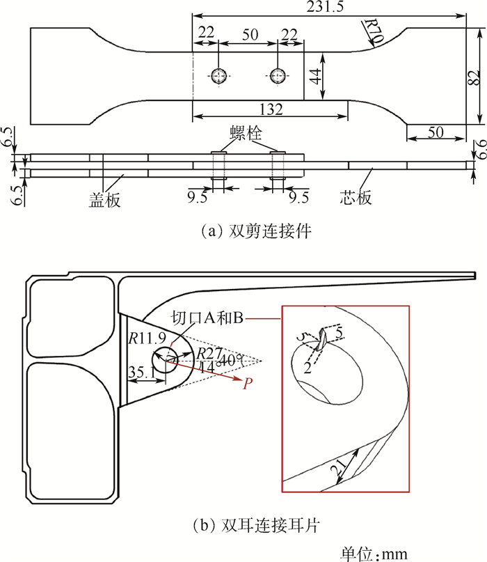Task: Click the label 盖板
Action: pos(105,199)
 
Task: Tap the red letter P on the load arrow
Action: pos(246,383)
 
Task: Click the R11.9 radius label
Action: pos(143,338)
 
